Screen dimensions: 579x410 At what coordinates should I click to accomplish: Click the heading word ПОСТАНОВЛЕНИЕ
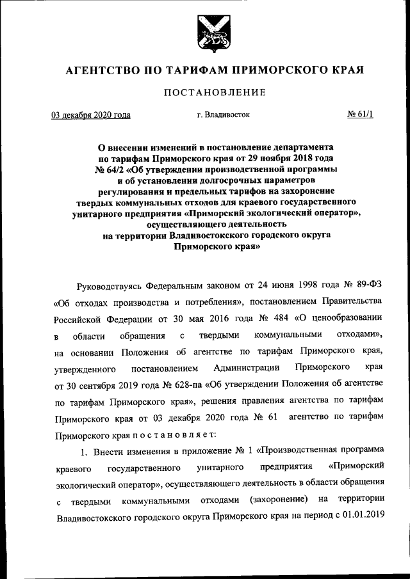pyautogui.click(x=215, y=92)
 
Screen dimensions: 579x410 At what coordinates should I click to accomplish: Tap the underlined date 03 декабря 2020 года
pyautogui.click(x=91, y=115)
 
